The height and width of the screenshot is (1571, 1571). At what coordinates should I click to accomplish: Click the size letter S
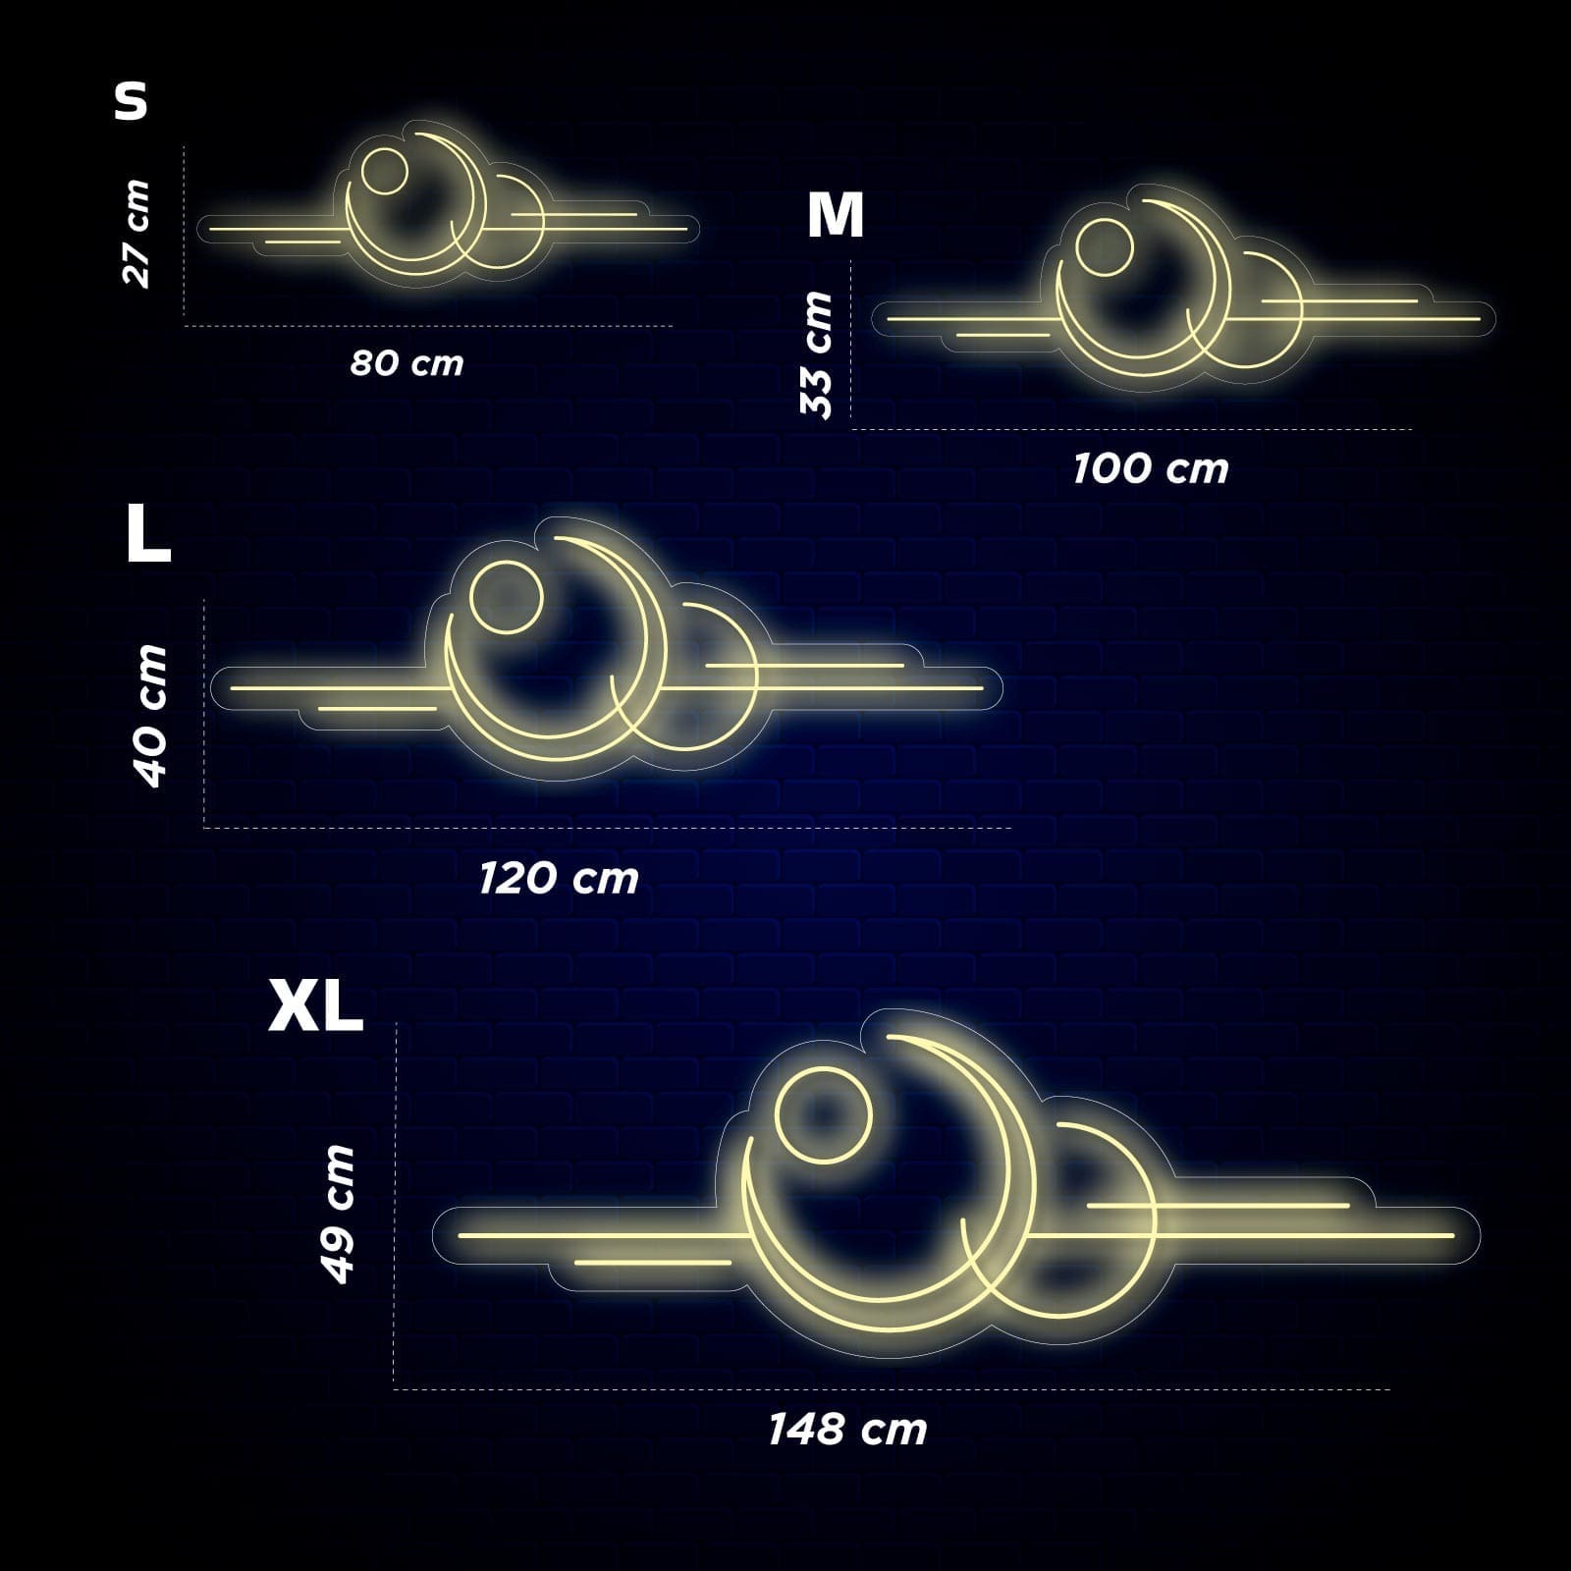(x=131, y=101)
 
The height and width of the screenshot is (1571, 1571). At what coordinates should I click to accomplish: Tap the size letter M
(x=835, y=215)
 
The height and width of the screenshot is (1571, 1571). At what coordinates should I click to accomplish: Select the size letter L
(x=148, y=535)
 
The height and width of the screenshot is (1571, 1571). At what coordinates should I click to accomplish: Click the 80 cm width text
(x=406, y=363)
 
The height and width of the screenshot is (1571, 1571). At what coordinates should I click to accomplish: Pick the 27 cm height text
(x=135, y=233)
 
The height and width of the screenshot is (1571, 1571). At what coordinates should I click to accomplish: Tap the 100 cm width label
(x=1150, y=468)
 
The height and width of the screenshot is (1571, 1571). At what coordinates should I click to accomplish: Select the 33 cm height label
(x=816, y=354)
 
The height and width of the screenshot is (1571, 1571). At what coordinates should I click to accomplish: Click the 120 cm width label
(x=559, y=878)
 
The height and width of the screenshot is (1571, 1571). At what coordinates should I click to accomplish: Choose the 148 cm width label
(x=847, y=1429)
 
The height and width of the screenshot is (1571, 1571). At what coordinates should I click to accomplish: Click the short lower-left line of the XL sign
(x=653, y=1263)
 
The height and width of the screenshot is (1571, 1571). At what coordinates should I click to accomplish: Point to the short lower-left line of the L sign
(x=377, y=708)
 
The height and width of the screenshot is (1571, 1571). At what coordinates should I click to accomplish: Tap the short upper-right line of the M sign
(x=1340, y=300)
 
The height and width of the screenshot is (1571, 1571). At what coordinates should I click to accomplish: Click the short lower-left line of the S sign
(x=302, y=241)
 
